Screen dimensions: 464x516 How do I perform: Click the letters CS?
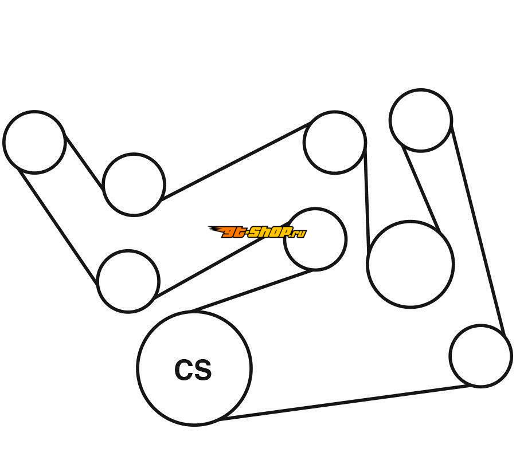pyautogui.click(x=193, y=370)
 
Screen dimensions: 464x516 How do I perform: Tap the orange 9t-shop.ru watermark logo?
pyautogui.click(x=257, y=232)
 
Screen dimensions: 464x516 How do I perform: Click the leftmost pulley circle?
pyautogui.click(x=34, y=142)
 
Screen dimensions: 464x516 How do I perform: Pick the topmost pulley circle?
pyautogui.click(x=421, y=120)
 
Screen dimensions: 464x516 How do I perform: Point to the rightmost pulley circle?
pyautogui.click(x=480, y=356)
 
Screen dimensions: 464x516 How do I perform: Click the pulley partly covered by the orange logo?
pyautogui.click(x=321, y=246)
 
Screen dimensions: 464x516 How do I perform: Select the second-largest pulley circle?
pyautogui.click(x=411, y=264)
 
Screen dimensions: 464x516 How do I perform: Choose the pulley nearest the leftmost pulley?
pyautogui.click(x=134, y=184)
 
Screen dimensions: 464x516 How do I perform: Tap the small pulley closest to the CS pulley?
pyautogui.click(x=128, y=281)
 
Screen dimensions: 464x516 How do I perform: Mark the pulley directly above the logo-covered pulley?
pyautogui.click(x=334, y=142)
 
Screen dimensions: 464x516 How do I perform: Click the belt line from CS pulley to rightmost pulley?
pyautogui.click(x=344, y=403)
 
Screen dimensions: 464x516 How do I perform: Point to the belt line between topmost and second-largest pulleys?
pyautogui.click(x=421, y=190)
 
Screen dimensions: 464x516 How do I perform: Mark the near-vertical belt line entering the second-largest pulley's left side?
pyautogui.click(x=366, y=198)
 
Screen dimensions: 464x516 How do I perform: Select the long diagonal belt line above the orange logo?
pyautogui.click(x=235, y=161)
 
